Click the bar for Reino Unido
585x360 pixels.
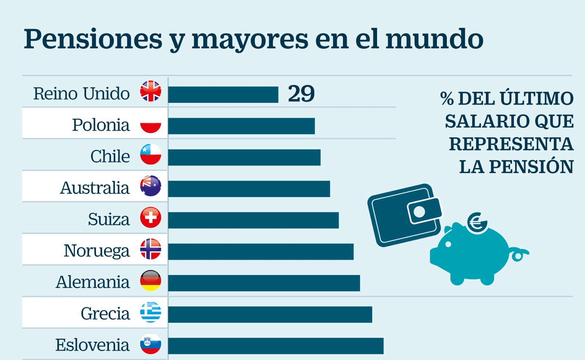coord(223,95)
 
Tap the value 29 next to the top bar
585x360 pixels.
coord(301,94)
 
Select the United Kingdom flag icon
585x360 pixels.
coord(151,91)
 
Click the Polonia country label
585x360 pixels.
coord(101,125)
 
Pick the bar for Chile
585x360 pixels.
coord(244,158)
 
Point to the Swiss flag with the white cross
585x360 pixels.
coord(151,218)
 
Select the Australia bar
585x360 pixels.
coord(249,189)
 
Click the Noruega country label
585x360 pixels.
coord(97,251)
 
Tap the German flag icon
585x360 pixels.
coord(151,281)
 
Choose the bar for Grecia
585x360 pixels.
coord(270,315)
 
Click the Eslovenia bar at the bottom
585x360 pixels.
coord(276,346)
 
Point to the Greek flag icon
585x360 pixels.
coord(151,312)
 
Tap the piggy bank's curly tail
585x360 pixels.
coord(519,254)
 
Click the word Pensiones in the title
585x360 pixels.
coord(93,39)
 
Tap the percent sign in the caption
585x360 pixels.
coord(447,99)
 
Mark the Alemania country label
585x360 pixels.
coord(93,282)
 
